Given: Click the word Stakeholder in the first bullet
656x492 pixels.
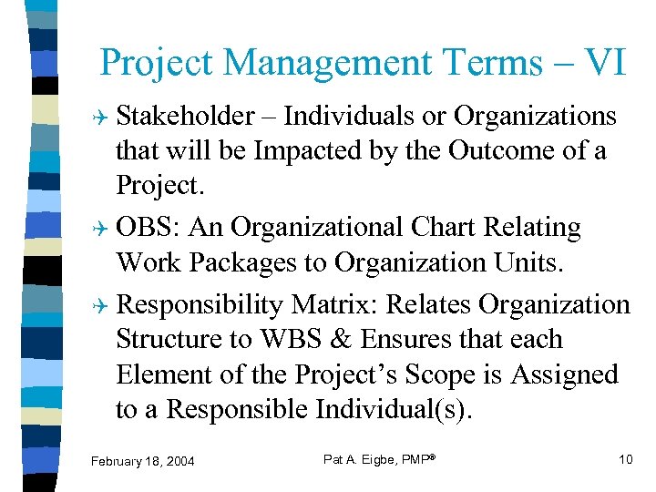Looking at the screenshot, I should tap(187, 117).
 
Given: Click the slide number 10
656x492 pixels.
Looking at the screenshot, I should tap(625, 459).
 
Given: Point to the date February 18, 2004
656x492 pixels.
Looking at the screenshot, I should tap(143, 462).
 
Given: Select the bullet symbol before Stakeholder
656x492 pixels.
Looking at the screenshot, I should tap(102, 118).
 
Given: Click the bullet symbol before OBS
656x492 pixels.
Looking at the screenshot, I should tap(102, 228).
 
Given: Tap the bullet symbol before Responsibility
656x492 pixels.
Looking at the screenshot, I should tap(102, 305).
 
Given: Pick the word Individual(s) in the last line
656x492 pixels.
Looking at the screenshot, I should tap(394, 410).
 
